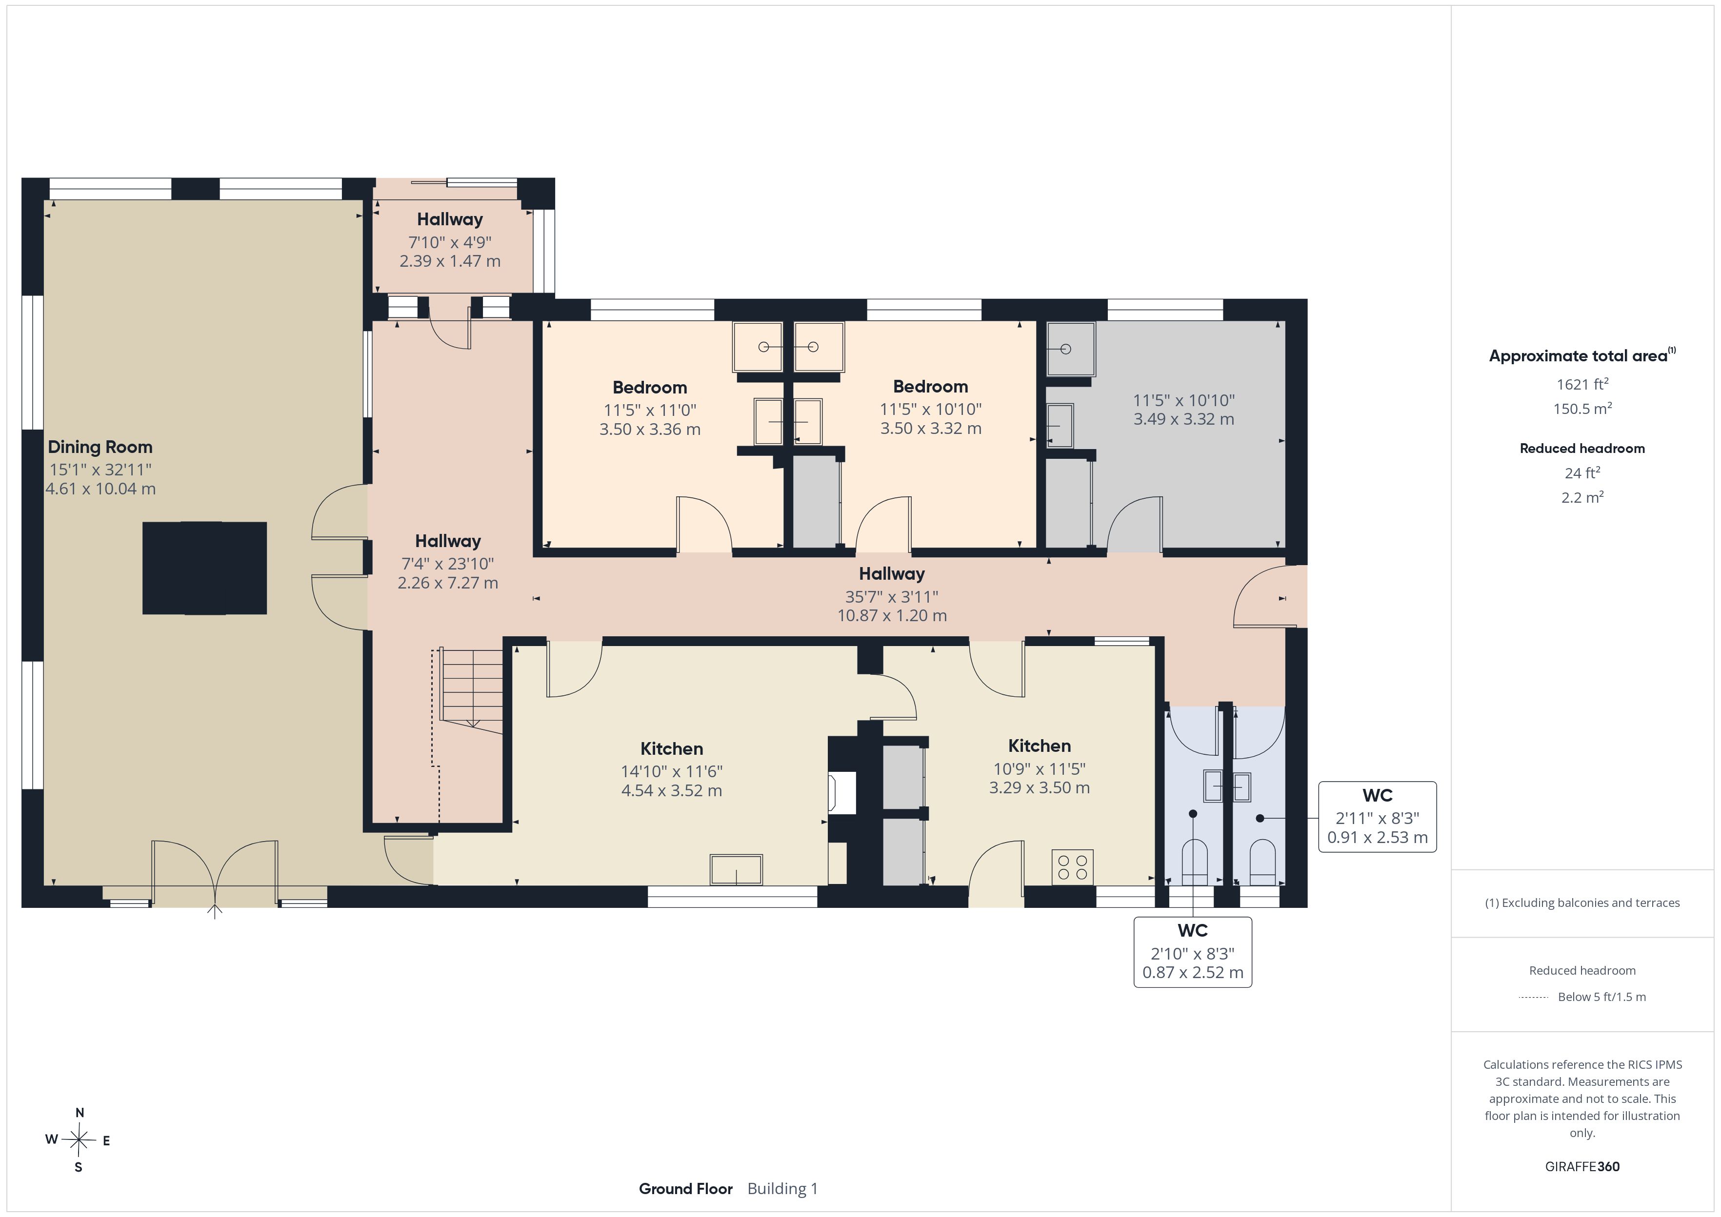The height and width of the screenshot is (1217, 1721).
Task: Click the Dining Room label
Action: (x=100, y=448)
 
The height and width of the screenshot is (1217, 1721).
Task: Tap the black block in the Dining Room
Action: (x=204, y=568)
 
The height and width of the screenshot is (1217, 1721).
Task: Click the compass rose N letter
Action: (x=80, y=1113)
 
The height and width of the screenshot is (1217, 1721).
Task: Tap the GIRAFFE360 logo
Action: (x=1582, y=1167)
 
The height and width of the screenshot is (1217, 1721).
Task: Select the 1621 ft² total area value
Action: (x=1582, y=384)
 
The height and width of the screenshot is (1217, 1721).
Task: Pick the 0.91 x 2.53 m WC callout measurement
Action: (x=1378, y=838)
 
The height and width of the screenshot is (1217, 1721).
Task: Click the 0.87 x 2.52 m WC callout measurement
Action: (x=1193, y=973)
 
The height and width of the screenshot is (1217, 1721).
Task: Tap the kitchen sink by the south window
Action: (x=736, y=869)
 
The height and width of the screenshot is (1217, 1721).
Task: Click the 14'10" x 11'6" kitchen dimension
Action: (x=672, y=771)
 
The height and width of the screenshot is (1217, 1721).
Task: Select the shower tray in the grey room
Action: (x=1070, y=349)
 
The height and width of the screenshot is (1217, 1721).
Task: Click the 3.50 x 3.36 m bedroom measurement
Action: (x=650, y=430)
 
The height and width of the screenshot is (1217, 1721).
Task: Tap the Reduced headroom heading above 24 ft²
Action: (x=1582, y=448)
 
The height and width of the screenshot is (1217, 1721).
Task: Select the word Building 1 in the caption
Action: (x=782, y=1189)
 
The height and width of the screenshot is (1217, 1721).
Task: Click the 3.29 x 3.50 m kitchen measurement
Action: (x=1040, y=787)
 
